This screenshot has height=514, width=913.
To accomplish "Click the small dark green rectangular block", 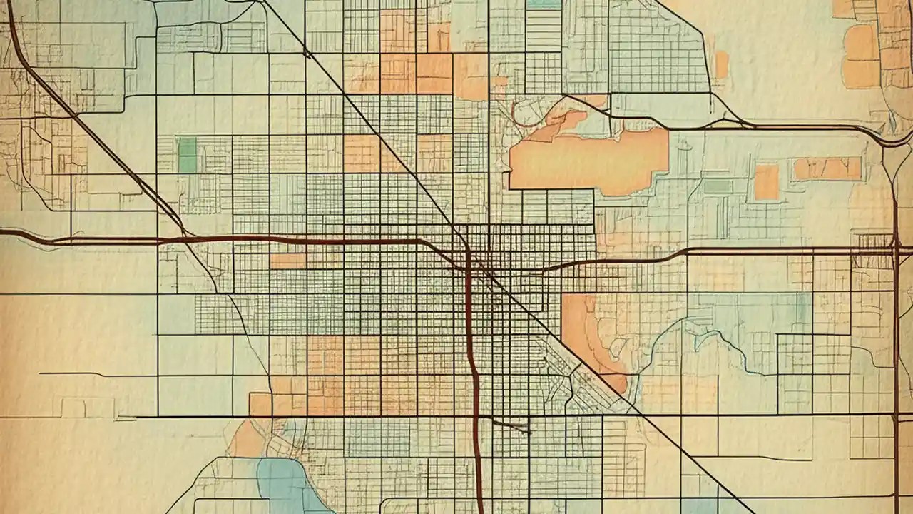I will click(187, 154).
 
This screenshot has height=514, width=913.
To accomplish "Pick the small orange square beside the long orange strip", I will click(766, 182).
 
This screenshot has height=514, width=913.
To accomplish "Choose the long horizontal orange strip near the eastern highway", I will click(827, 168).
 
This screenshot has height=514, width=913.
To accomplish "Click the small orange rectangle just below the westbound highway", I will click(287, 261).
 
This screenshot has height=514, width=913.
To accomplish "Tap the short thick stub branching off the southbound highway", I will click(510, 426).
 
